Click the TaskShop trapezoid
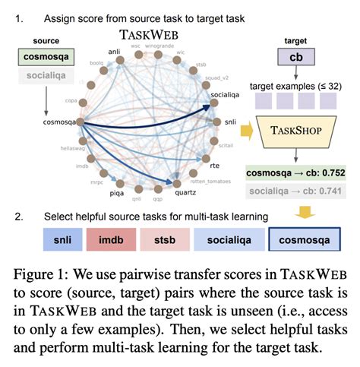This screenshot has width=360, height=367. [x=300, y=131]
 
